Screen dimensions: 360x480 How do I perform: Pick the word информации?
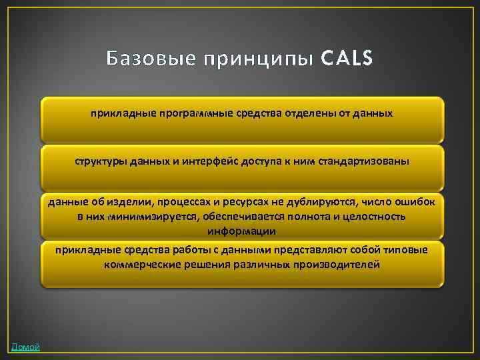(241, 231)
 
